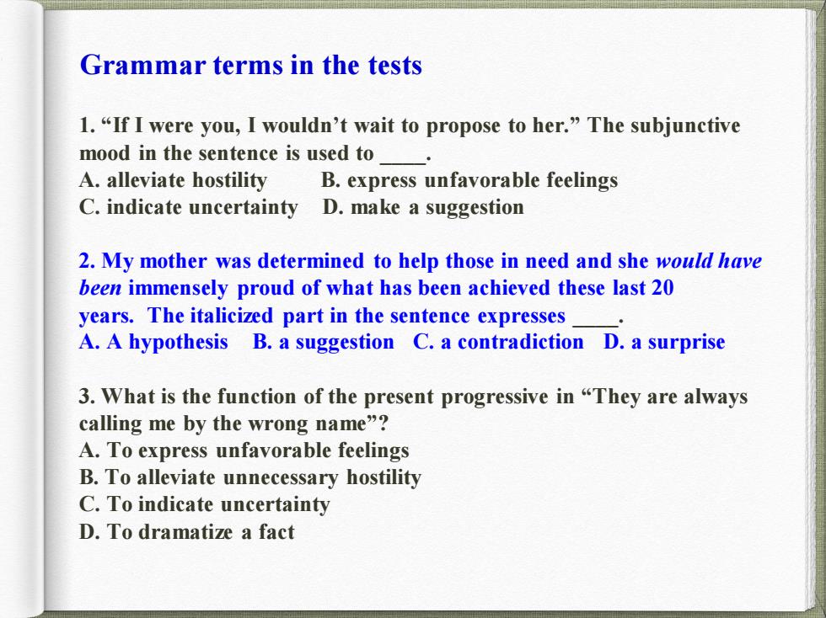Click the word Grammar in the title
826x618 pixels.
(142, 67)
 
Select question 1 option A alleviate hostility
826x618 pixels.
(174, 180)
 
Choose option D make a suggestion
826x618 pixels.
(423, 207)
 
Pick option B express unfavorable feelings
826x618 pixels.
(469, 180)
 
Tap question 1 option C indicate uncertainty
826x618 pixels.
(189, 207)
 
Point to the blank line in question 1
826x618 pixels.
(403, 163)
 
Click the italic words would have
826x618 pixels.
(709, 260)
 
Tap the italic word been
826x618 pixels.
(100, 288)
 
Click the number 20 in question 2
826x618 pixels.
(662, 288)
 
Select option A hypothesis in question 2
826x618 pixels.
(153, 342)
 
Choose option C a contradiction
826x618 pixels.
(498, 342)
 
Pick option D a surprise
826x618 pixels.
(664, 342)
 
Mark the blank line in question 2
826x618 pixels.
(595, 326)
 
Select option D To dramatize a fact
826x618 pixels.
(186, 531)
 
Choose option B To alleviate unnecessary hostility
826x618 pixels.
(250, 477)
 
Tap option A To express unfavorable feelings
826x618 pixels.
(244, 450)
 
